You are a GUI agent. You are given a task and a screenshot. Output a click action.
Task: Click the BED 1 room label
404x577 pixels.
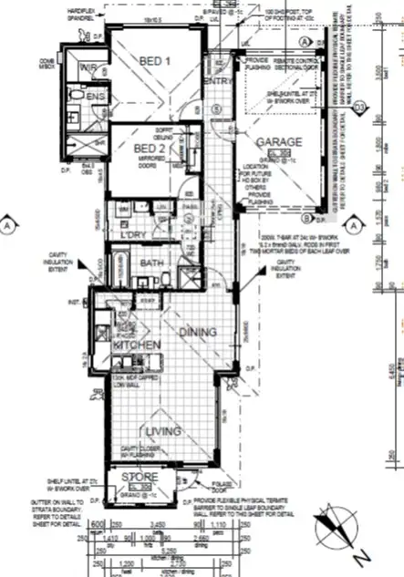[x=155, y=61]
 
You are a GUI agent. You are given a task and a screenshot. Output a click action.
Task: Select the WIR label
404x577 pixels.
[x=88, y=67]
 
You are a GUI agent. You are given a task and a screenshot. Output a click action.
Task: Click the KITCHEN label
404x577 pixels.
[x=137, y=345]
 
